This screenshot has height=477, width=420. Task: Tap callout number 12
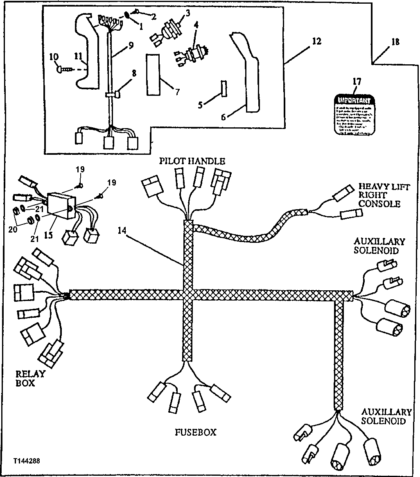tap(316, 41)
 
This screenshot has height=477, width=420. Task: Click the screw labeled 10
tap(63, 70)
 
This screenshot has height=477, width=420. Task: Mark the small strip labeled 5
tap(224, 88)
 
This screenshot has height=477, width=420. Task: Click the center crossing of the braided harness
tap(187, 294)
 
